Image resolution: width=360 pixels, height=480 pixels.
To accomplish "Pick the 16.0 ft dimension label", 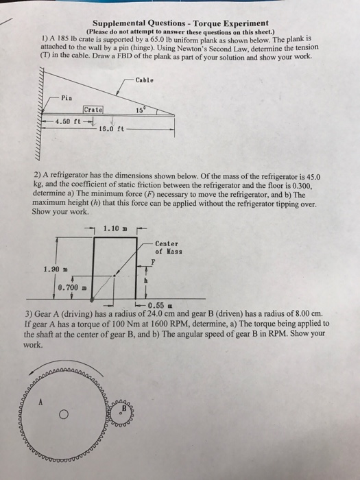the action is point(110,128).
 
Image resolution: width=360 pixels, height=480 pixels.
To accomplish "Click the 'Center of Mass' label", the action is point(167,248).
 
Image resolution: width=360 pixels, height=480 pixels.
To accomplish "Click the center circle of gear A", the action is point(62,414).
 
